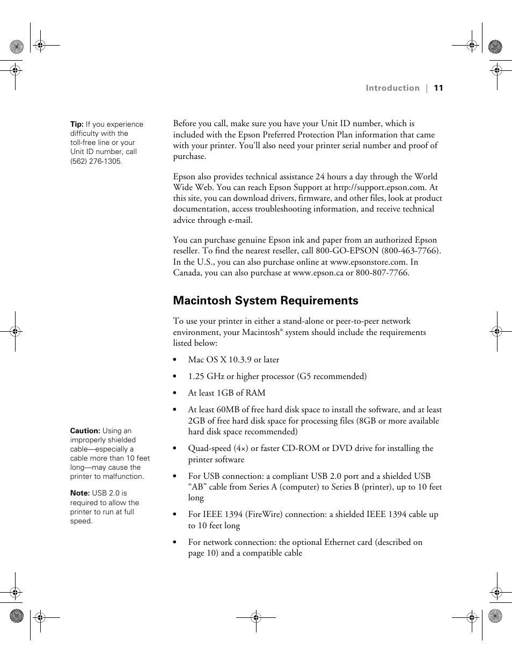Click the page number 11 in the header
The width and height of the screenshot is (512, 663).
(438, 88)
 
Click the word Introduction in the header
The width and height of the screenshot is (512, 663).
(392, 88)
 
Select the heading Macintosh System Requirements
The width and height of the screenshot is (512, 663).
(265, 301)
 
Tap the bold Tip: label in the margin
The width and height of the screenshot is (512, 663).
(77, 124)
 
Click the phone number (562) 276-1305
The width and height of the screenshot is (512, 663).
(96, 161)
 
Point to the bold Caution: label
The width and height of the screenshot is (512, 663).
(85, 431)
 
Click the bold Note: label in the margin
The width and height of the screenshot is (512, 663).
(79, 493)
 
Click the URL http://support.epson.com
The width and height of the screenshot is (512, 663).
(379, 187)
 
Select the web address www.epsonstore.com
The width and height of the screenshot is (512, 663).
(368, 262)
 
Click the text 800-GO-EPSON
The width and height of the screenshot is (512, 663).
(347, 251)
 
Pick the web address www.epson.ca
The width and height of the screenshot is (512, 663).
(318, 273)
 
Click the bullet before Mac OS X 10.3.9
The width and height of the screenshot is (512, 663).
(175, 360)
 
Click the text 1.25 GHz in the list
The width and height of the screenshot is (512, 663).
(206, 376)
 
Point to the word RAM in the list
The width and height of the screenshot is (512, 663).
(255, 393)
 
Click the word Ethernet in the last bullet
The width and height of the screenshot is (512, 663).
(341, 542)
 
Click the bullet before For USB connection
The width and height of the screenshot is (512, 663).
(175, 477)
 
